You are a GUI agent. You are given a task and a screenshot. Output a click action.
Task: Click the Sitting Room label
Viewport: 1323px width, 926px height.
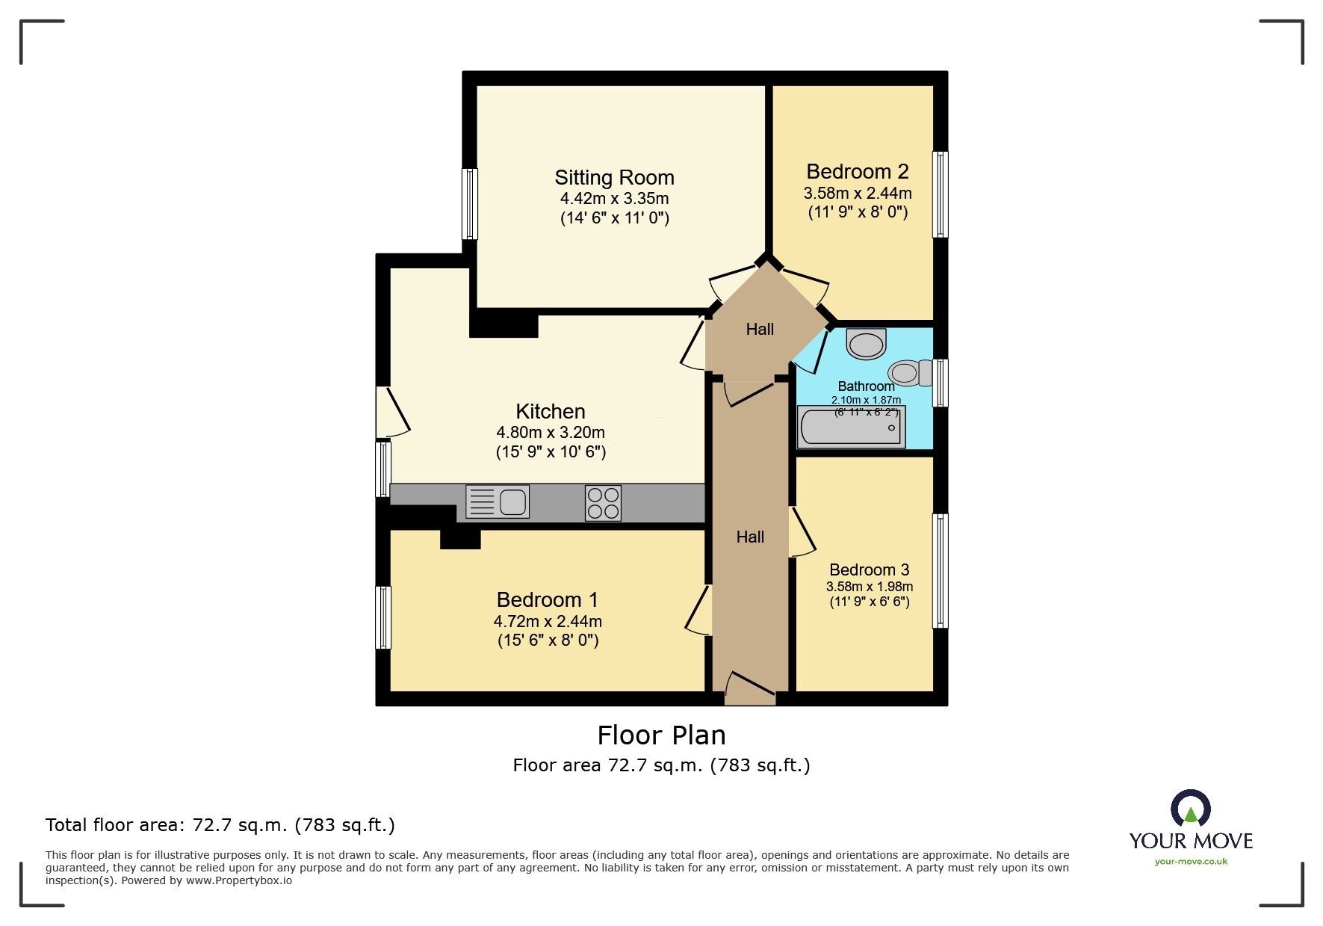click(614, 178)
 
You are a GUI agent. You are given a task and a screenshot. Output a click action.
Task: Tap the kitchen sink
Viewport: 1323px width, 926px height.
click(498, 501)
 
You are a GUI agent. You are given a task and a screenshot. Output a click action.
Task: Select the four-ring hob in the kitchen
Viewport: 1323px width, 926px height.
click(603, 503)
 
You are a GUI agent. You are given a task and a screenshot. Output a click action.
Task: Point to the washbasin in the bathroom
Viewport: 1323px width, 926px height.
click(867, 345)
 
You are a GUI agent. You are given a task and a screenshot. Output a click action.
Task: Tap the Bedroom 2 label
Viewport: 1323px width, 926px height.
click(858, 172)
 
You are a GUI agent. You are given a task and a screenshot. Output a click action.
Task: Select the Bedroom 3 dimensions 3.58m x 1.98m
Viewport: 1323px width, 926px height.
click(869, 587)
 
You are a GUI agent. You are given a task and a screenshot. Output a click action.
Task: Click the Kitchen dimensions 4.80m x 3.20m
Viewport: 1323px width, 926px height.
click(551, 433)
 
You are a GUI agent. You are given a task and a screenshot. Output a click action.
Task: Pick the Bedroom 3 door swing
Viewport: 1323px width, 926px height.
click(802, 532)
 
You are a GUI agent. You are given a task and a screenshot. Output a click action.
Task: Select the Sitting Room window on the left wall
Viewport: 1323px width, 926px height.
click(469, 203)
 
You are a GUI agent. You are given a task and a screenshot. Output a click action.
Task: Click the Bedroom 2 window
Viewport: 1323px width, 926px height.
click(941, 194)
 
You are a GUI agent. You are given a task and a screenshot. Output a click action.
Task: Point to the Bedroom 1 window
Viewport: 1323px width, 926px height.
click(382, 617)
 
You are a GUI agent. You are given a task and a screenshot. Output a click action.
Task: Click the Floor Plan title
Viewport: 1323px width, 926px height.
click(661, 735)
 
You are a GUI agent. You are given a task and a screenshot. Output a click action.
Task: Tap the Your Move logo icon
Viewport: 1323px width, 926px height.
click(1190, 809)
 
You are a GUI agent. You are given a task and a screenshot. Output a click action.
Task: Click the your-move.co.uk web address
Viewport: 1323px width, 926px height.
click(1191, 862)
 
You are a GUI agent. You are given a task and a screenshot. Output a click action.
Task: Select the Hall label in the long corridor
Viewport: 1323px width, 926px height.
click(750, 537)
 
